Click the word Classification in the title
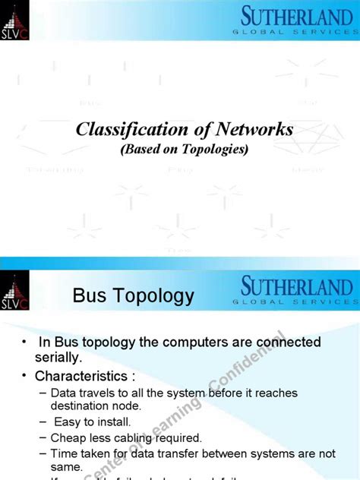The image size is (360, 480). pos(122,130)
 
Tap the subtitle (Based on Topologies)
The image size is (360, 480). pos(185,149)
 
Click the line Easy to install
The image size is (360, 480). pos(92,422)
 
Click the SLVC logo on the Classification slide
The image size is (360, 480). pos(14,20)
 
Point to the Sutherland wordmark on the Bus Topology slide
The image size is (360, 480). pos(296,289)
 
